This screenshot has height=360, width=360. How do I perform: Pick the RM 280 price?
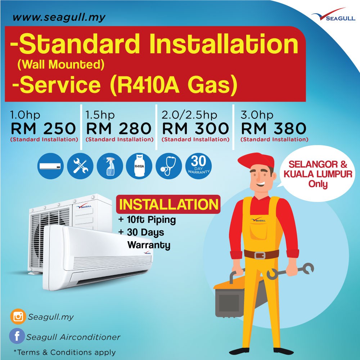(119, 129)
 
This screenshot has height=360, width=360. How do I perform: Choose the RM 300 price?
(195, 129)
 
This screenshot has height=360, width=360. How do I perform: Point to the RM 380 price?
(274, 129)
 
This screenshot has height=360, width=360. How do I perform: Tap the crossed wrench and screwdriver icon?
(80, 166)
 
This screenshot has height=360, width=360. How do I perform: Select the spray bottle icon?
(109, 166)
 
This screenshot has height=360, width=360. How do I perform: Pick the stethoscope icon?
(168, 166)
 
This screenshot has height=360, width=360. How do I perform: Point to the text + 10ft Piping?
(147, 220)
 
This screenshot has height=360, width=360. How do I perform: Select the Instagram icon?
(18, 317)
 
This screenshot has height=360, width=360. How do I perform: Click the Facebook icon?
(17, 337)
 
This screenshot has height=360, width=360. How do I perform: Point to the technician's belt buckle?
(260, 255)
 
